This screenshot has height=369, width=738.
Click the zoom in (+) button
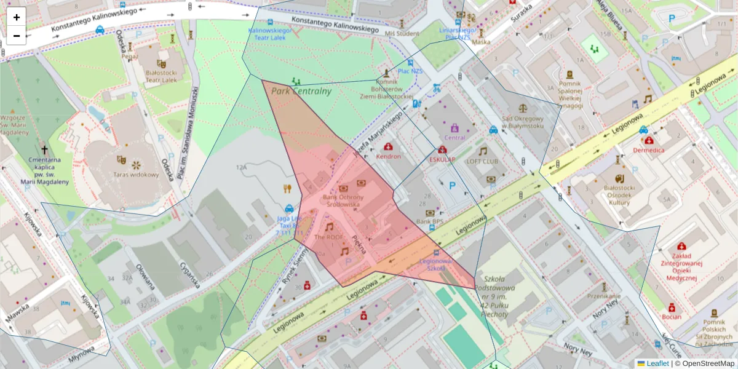click(17, 17)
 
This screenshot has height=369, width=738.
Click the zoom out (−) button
click(17, 36)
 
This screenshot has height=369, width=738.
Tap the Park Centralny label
click(301, 91)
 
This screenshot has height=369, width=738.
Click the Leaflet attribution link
click(657, 363)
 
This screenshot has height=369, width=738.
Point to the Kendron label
click(389, 156)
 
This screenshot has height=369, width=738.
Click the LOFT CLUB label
click(482, 161)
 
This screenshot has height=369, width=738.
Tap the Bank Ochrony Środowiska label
click(344, 200)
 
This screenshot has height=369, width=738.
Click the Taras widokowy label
click(136, 174)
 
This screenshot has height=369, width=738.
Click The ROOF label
click(328, 236)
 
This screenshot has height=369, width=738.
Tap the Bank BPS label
click(430, 221)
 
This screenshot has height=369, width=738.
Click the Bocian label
click(672, 317)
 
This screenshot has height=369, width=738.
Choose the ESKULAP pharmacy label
click(442, 159)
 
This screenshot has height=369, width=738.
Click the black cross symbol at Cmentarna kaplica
click(44, 150)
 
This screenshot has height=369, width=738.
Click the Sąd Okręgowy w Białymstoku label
click(523, 122)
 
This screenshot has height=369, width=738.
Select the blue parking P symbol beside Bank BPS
click(453, 185)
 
